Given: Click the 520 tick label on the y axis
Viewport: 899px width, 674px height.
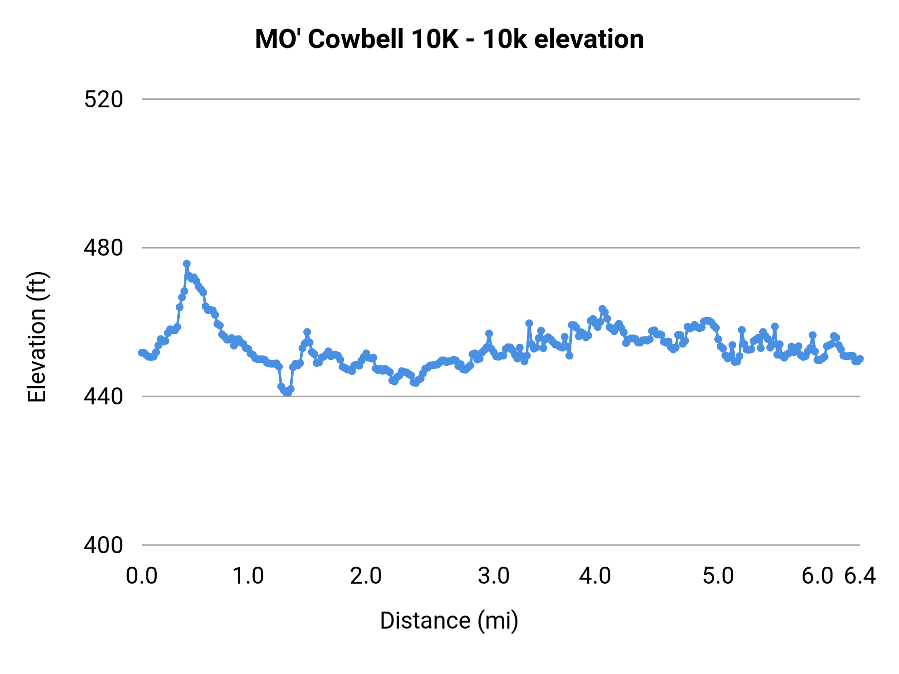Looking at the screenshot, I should pyautogui.click(x=103, y=99).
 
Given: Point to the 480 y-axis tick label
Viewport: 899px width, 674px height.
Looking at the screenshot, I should pyautogui.click(x=103, y=248).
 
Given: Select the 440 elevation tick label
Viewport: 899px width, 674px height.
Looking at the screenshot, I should pyautogui.click(x=103, y=396).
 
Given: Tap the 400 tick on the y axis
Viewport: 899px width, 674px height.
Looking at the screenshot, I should pyautogui.click(x=103, y=545).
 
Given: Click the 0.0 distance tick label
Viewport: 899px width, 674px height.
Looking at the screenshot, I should pyautogui.click(x=142, y=576).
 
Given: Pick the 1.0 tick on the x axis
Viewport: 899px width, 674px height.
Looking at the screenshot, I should pyautogui.click(x=248, y=576).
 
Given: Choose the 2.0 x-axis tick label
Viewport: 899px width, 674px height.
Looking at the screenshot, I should pyautogui.click(x=366, y=576).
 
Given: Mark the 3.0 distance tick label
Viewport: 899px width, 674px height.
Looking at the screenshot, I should pyautogui.click(x=493, y=576).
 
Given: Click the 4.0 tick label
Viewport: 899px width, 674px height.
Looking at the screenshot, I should pyautogui.click(x=595, y=576).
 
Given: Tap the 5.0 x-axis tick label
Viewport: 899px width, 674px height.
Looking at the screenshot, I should pyautogui.click(x=718, y=576).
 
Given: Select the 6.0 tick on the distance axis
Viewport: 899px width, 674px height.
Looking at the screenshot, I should pyautogui.click(x=817, y=576).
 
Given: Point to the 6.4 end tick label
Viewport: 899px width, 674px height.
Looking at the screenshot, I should pyautogui.click(x=860, y=576).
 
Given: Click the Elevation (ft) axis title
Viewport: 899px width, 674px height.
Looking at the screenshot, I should pyautogui.click(x=37, y=337).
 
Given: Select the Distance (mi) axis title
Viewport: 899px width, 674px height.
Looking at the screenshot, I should pyautogui.click(x=449, y=621).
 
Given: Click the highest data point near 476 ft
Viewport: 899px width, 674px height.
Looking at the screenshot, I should pyautogui.click(x=187, y=264).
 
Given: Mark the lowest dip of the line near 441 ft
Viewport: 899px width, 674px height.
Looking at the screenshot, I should pyautogui.click(x=287, y=393).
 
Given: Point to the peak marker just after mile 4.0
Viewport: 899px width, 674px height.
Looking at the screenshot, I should pyautogui.click(x=602, y=309).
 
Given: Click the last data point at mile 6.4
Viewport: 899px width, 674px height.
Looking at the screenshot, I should pyautogui.click(x=860, y=359).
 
